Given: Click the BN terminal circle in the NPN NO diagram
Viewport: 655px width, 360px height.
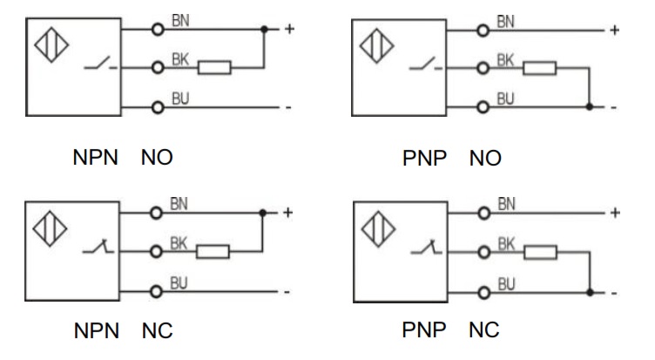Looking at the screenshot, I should pos(158,29).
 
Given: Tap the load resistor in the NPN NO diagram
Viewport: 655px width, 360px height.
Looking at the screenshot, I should pos(214,67).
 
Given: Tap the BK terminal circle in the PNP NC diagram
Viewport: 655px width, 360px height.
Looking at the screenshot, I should pos(484,254).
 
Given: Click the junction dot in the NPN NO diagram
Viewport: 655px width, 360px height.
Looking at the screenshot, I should pos(264,29).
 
